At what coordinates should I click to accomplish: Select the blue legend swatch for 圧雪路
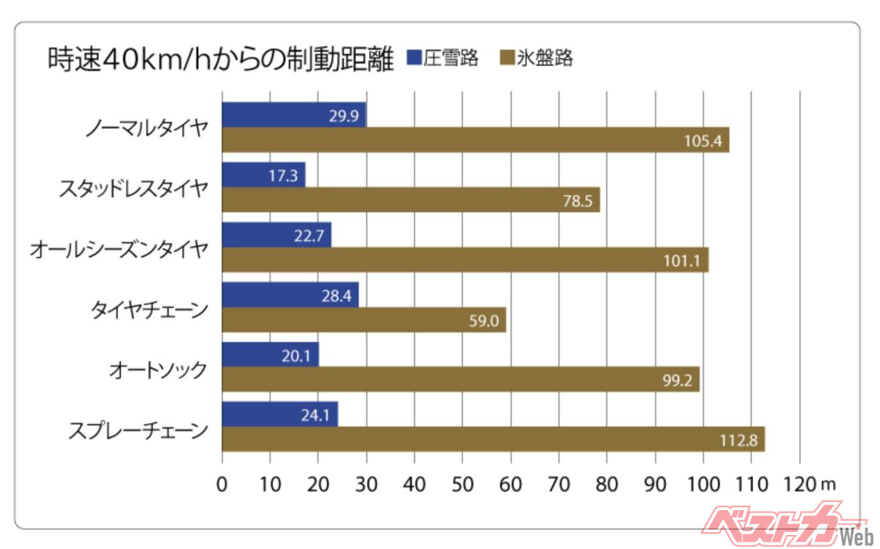[412, 58]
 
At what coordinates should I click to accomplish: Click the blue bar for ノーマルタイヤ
[293, 115]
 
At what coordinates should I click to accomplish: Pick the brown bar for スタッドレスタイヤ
[411, 200]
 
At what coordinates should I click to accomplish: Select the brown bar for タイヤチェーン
[364, 319]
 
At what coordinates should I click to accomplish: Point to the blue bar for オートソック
[270, 355]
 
